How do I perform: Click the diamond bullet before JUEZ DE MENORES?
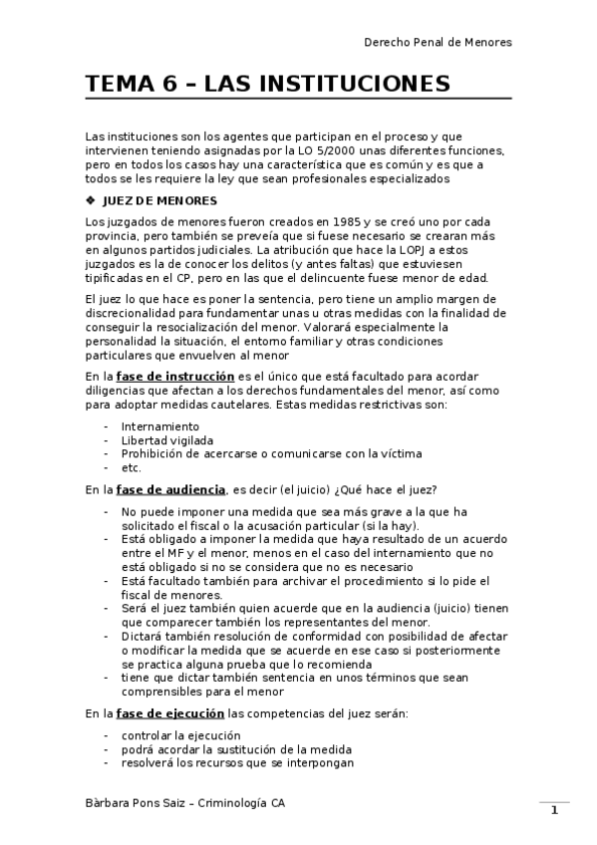point(92,200)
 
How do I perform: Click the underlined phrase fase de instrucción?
point(175,377)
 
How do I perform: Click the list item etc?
point(132,467)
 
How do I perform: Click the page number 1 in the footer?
point(553,811)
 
